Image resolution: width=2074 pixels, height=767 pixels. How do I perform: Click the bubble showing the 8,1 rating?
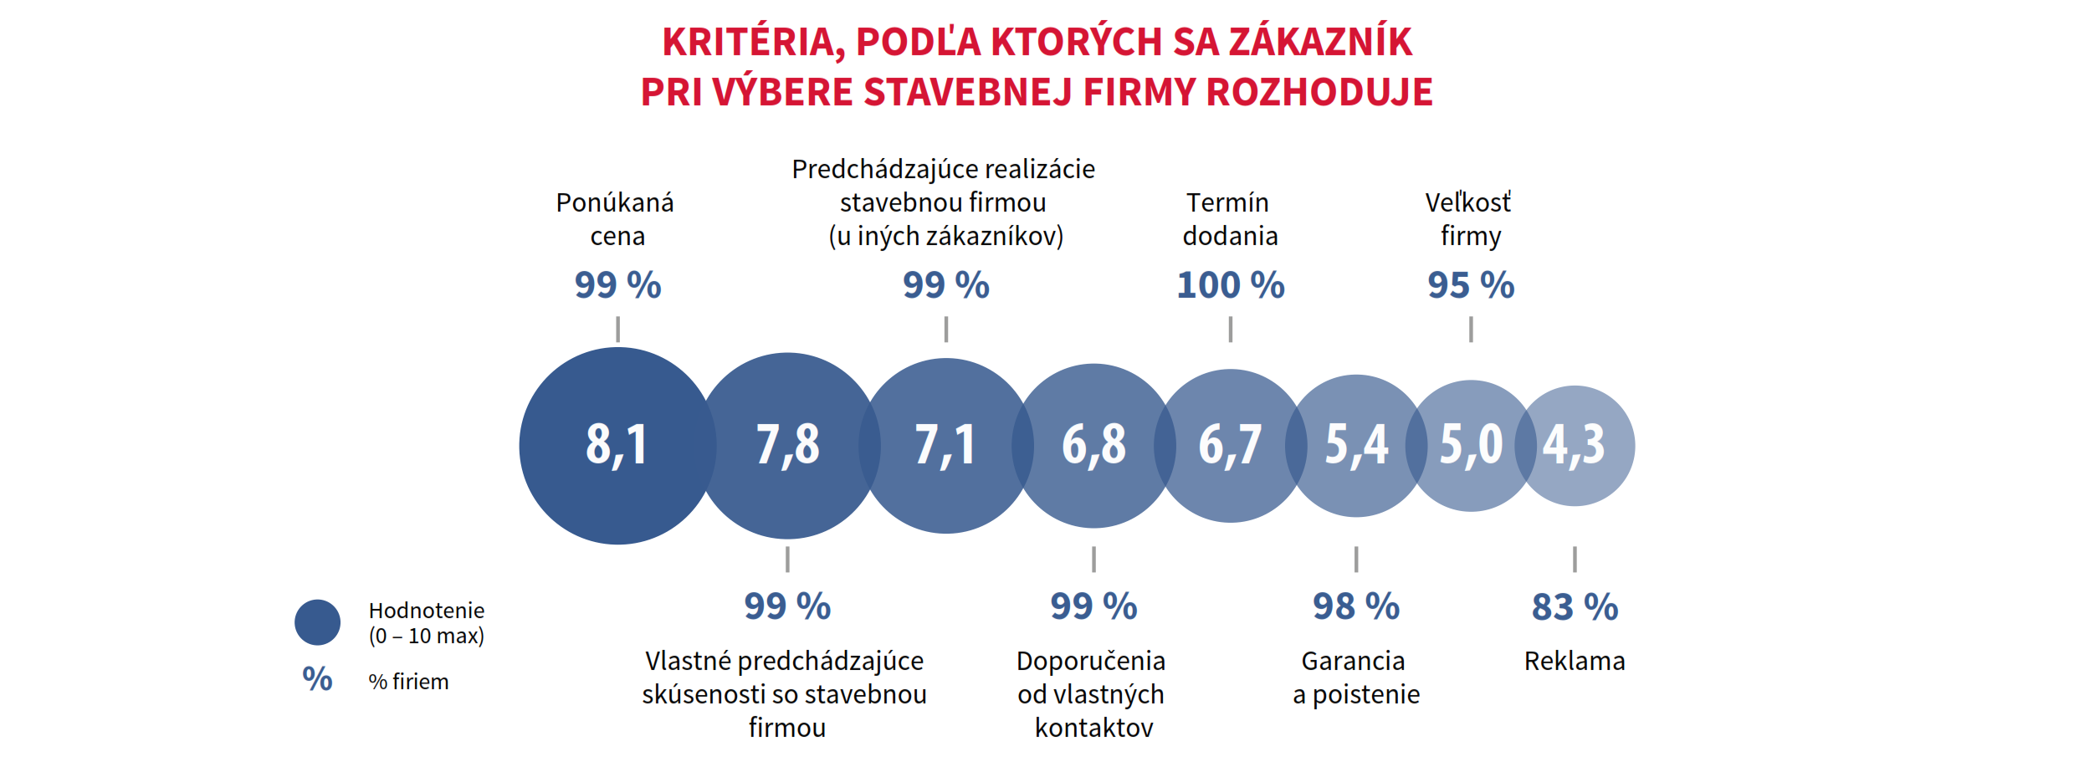coord(617,445)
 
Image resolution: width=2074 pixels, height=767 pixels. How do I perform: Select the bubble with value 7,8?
coord(787,445)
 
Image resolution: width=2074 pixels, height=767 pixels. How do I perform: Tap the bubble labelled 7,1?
coord(945,445)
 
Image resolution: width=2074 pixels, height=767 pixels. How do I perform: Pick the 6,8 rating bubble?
coord(1093,445)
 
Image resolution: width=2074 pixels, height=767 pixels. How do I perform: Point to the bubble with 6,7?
coord(1230,445)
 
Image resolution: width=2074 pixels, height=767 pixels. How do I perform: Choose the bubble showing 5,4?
coord(1356,445)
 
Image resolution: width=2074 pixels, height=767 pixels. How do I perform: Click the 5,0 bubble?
coord(1471,445)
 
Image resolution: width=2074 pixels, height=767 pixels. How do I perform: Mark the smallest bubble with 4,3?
coord(1575,445)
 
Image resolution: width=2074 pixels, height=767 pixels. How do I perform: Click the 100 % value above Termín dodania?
coord(1230,285)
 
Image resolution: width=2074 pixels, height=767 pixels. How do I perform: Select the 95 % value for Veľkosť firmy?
coord(1471,285)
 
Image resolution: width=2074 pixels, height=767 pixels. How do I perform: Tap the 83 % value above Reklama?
coord(1575,606)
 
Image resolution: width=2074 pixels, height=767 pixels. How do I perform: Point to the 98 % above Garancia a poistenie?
coord(1356,606)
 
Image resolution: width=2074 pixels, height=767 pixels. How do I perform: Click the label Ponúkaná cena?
coord(616,219)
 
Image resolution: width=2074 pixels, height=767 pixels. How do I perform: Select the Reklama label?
coord(1575,661)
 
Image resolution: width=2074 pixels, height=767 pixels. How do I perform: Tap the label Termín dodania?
coord(1229,219)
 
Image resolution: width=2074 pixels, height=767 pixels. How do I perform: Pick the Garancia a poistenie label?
coord(1355,678)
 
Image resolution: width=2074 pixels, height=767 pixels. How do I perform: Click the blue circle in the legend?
coord(317,622)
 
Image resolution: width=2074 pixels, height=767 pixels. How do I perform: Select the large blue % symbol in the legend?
coord(317,679)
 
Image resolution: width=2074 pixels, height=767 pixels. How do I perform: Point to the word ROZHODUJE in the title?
coord(1319,92)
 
